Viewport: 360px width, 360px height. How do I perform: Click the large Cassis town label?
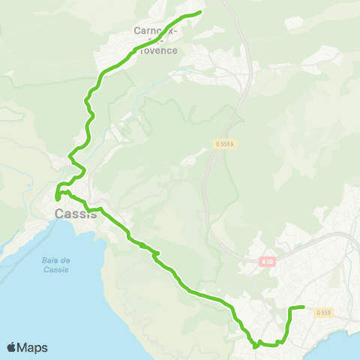tap(76, 214)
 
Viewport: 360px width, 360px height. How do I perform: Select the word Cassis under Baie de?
tap(56, 270)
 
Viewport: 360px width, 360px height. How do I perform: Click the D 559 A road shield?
tap(223, 145)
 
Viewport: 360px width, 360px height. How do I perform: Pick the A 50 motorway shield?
tap(268, 261)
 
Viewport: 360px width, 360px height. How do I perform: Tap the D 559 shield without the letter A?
tap(323, 313)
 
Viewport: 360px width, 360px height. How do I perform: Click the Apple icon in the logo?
tap(13, 347)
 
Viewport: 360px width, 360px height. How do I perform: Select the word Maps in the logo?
tap(33, 347)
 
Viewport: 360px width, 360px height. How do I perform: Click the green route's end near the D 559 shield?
tap(302, 307)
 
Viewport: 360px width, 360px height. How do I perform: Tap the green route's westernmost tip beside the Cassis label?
tap(56, 197)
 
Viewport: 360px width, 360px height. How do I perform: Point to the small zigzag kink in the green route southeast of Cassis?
tap(155, 256)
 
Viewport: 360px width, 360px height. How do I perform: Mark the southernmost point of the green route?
tap(256, 347)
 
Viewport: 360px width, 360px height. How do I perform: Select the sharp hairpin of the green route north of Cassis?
tap(70, 157)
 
